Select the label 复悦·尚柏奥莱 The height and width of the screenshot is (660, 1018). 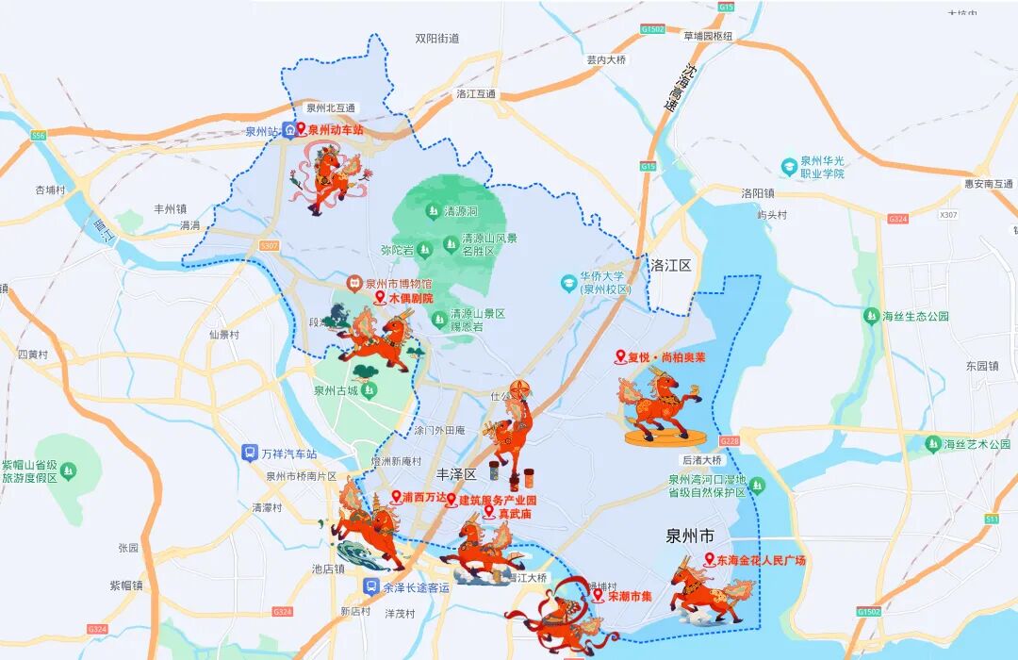click(666, 357)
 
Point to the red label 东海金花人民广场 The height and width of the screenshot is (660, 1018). click(761, 560)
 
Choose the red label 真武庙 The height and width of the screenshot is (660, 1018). click(515, 514)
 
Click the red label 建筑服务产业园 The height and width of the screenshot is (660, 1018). click(497, 500)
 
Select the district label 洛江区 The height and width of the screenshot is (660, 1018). click(670, 265)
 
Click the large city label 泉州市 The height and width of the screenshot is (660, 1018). click(690, 536)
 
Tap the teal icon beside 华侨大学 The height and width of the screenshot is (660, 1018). click(567, 282)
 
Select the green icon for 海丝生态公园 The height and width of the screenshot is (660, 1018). click(870, 316)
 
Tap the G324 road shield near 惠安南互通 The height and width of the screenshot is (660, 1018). click(896, 219)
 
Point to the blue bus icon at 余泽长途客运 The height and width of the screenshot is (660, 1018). click(372, 586)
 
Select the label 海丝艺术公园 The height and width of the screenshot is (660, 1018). click(977, 443)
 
